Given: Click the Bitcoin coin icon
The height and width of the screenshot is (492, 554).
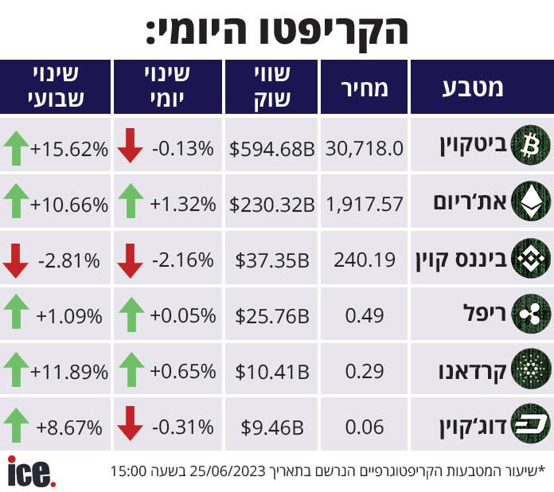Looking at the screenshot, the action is click(x=531, y=146).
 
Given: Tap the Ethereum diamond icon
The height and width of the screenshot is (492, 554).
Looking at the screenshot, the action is click(x=531, y=201).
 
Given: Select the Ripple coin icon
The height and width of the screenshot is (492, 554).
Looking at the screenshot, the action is click(x=531, y=314).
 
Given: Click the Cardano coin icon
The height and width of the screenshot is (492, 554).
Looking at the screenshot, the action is click(x=531, y=369).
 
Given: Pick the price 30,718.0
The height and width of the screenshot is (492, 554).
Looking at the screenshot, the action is click(x=365, y=148).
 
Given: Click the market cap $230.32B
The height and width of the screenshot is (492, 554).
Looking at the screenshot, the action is click(x=271, y=205).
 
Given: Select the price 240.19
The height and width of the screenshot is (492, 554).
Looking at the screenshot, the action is click(x=365, y=260).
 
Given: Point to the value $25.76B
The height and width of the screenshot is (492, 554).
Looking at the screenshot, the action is click(x=272, y=315).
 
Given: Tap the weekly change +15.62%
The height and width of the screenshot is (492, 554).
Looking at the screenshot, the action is click(x=69, y=149).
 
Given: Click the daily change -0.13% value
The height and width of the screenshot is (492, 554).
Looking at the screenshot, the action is click(x=182, y=148).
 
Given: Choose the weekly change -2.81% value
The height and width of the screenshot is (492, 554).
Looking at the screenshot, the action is click(x=69, y=261).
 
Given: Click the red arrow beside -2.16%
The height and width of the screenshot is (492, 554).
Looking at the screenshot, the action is click(x=130, y=260).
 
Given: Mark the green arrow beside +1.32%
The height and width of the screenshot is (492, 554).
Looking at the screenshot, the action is click(x=131, y=201).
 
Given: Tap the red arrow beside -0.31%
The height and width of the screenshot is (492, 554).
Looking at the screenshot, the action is click(x=130, y=424).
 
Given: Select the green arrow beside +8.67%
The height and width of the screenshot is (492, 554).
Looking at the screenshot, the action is click(x=16, y=425).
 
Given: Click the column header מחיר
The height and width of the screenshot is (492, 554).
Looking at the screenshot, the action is click(x=365, y=88).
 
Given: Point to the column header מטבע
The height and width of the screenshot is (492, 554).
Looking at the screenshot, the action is click(x=473, y=88).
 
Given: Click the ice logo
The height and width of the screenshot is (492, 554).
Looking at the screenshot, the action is click(x=32, y=471).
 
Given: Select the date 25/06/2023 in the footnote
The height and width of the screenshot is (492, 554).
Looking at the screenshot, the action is click(x=228, y=471).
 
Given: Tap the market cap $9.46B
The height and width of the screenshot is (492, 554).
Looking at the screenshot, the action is click(x=272, y=428).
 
